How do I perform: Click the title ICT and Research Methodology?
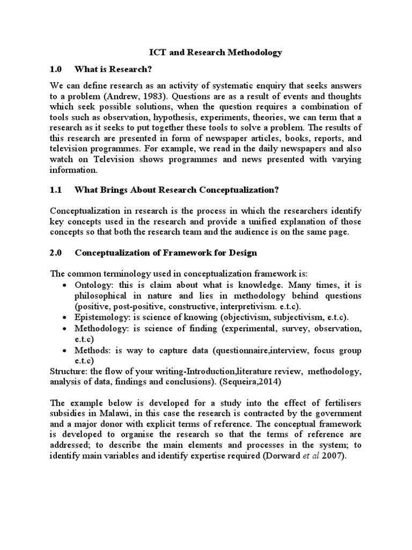215,53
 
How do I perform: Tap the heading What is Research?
113,69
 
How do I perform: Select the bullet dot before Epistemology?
65,317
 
